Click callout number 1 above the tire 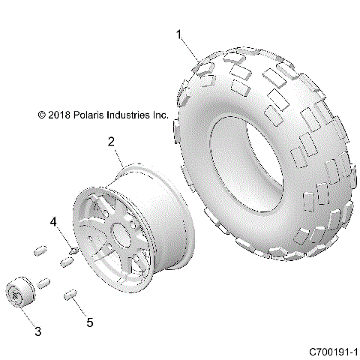(x=178, y=34)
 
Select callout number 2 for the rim (x=111, y=141)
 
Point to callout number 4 (x=54, y=222)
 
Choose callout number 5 (x=90, y=322)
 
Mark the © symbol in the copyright (x=41, y=115)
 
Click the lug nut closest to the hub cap (x=43, y=283)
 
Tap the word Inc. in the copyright (x=160, y=115)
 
